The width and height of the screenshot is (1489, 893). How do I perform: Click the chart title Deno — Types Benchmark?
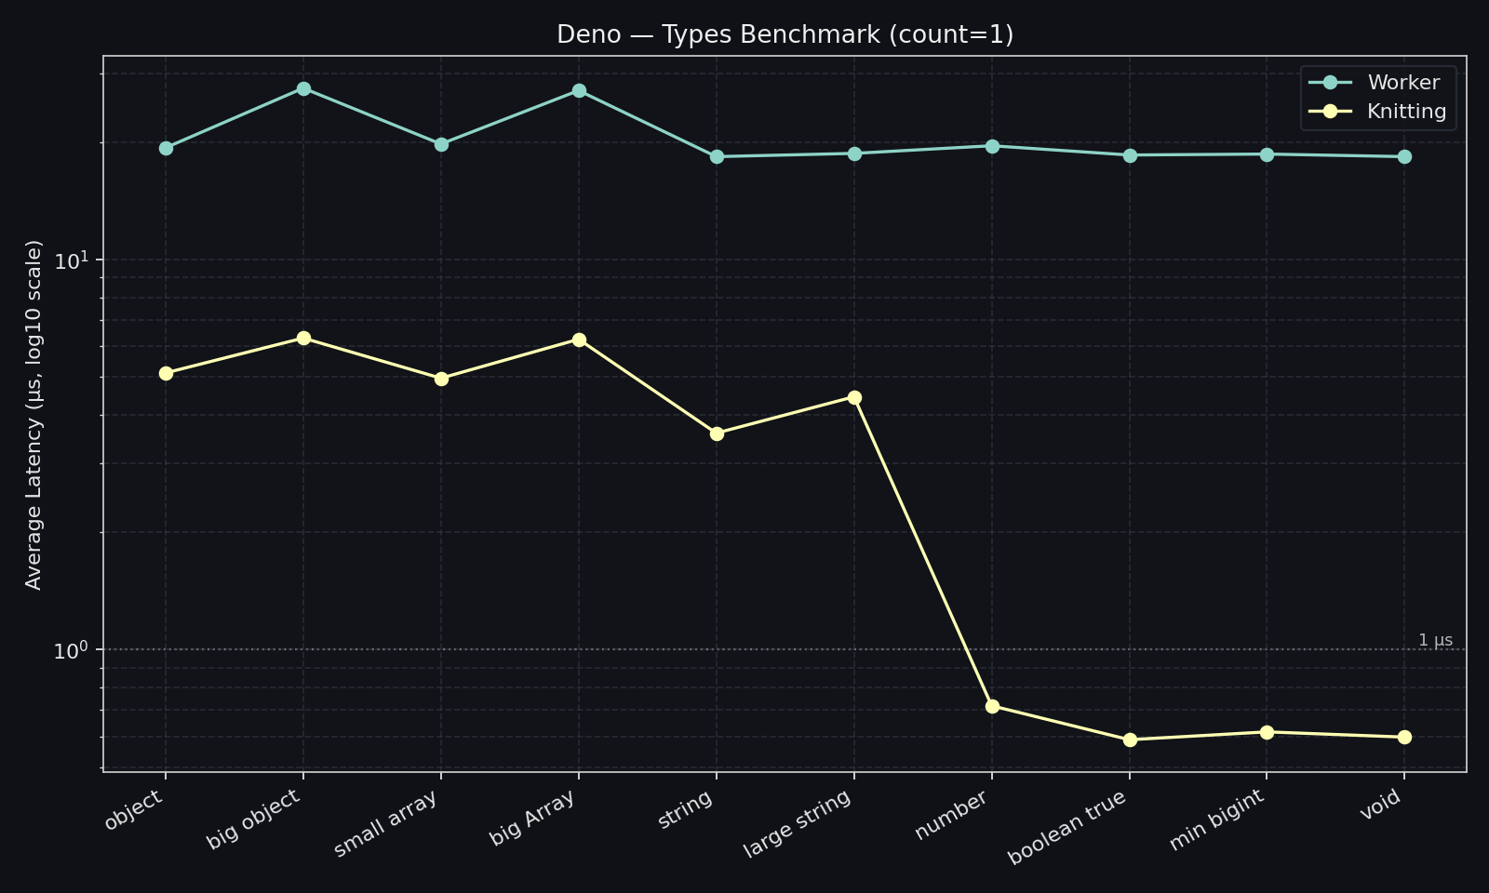click(785, 35)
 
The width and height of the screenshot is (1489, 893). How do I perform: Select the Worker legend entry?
click(1402, 83)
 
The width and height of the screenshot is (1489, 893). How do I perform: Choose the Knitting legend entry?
click(1406, 112)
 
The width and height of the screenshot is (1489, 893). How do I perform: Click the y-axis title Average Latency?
click(34, 415)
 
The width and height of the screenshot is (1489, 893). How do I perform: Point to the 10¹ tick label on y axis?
click(71, 260)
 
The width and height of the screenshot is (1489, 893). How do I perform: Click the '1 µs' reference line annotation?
click(1435, 640)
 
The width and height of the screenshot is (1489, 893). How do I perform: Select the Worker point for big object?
click(303, 89)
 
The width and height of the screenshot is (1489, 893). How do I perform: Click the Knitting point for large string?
click(854, 398)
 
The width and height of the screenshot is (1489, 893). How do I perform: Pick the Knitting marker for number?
click(992, 707)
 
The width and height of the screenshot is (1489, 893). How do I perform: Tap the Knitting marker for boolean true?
click(1130, 740)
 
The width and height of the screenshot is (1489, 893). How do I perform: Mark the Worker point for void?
click(1404, 157)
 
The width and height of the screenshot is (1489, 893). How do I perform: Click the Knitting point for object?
click(166, 374)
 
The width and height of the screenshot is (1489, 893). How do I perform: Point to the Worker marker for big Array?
click(579, 91)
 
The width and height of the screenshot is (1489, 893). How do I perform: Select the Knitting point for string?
click(717, 433)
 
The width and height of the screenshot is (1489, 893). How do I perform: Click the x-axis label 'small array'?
click(386, 824)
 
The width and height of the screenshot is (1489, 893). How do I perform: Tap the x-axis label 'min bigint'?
click(1218, 820)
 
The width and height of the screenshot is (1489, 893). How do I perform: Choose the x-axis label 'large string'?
click(798, 824)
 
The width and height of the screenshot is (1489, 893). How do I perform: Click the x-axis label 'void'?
click(1381, 805)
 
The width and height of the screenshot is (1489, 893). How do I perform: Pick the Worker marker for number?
click(992, 146)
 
